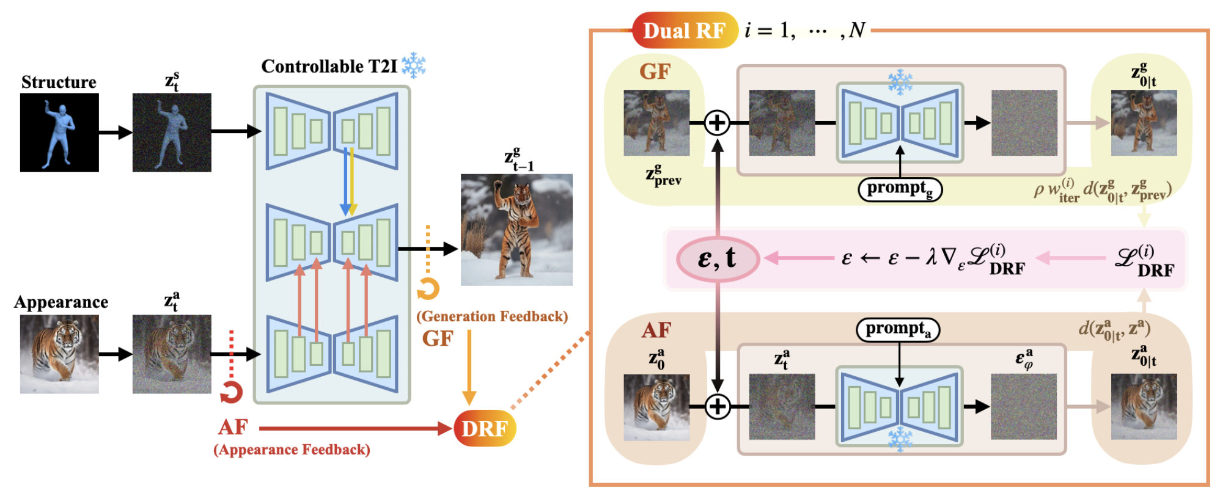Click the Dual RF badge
point(684,31)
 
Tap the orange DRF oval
point(485,428)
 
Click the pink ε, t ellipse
point(718,259)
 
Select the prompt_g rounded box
point(900,189)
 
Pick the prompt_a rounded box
point(898,329)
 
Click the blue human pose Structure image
point(59,133)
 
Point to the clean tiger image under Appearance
point(59,354)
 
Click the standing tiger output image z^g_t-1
point(516,230)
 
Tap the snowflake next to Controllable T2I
point(414,65)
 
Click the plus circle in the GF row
point(717,123)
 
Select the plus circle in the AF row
point(718,406)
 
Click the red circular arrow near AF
point(232,392)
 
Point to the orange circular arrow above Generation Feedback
point(428,288)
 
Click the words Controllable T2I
point(329,66)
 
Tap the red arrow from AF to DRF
point(355,428)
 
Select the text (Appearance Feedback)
point(292,450)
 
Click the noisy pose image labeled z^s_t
point(172,133)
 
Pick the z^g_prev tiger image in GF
point(656,123)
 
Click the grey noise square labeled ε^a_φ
point(1024,406)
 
